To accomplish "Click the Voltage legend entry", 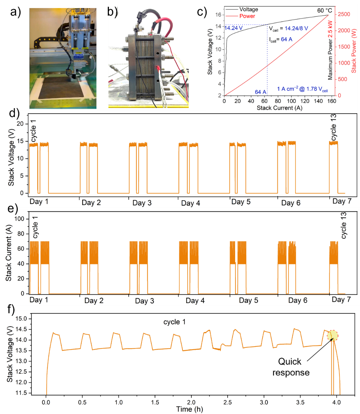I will (x=248, y=10).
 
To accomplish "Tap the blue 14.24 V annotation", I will (x=233, y=28).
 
